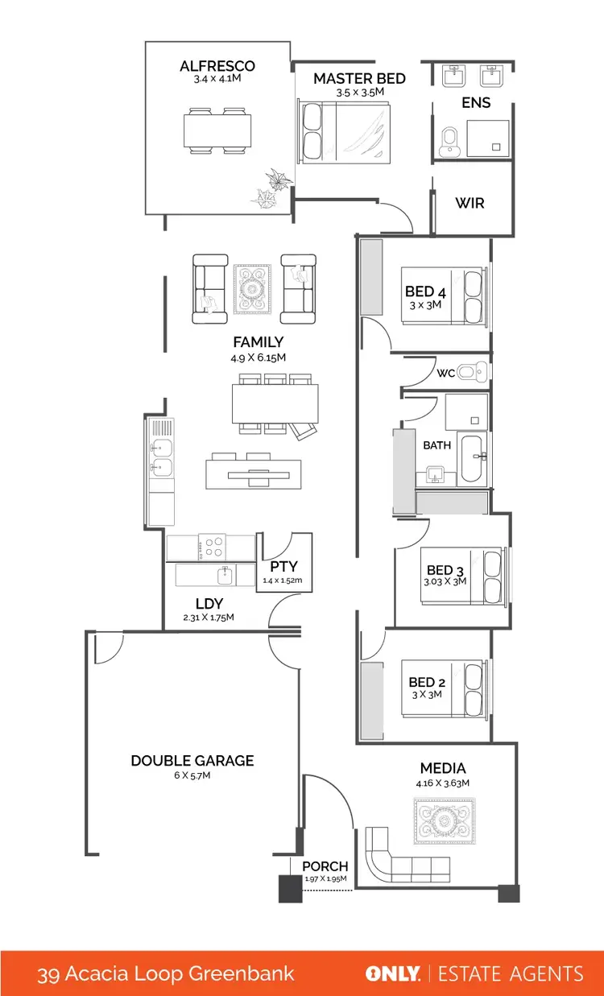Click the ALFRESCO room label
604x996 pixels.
(x=217, y=66)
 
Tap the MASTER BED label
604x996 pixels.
(x=359, y=78)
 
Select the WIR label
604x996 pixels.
(x=470, y=203)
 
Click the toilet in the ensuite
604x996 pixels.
(x=451, y=142)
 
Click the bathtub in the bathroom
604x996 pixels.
(x=473, y=457)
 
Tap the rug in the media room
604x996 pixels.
(x=442, y=821)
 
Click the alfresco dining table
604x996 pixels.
(x=217, y=130)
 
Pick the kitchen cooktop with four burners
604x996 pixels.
(x=213, y=548)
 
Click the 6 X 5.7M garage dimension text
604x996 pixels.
(x=192, y=775)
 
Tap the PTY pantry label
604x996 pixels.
(x=285, y=567)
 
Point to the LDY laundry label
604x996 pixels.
(x=209, y=604)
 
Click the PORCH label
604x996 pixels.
(x=325, y=866)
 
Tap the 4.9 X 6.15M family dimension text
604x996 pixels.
(x=259, y=357)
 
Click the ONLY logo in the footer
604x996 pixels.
(x=393, y=974)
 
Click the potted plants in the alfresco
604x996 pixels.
(x=271, y=188)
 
